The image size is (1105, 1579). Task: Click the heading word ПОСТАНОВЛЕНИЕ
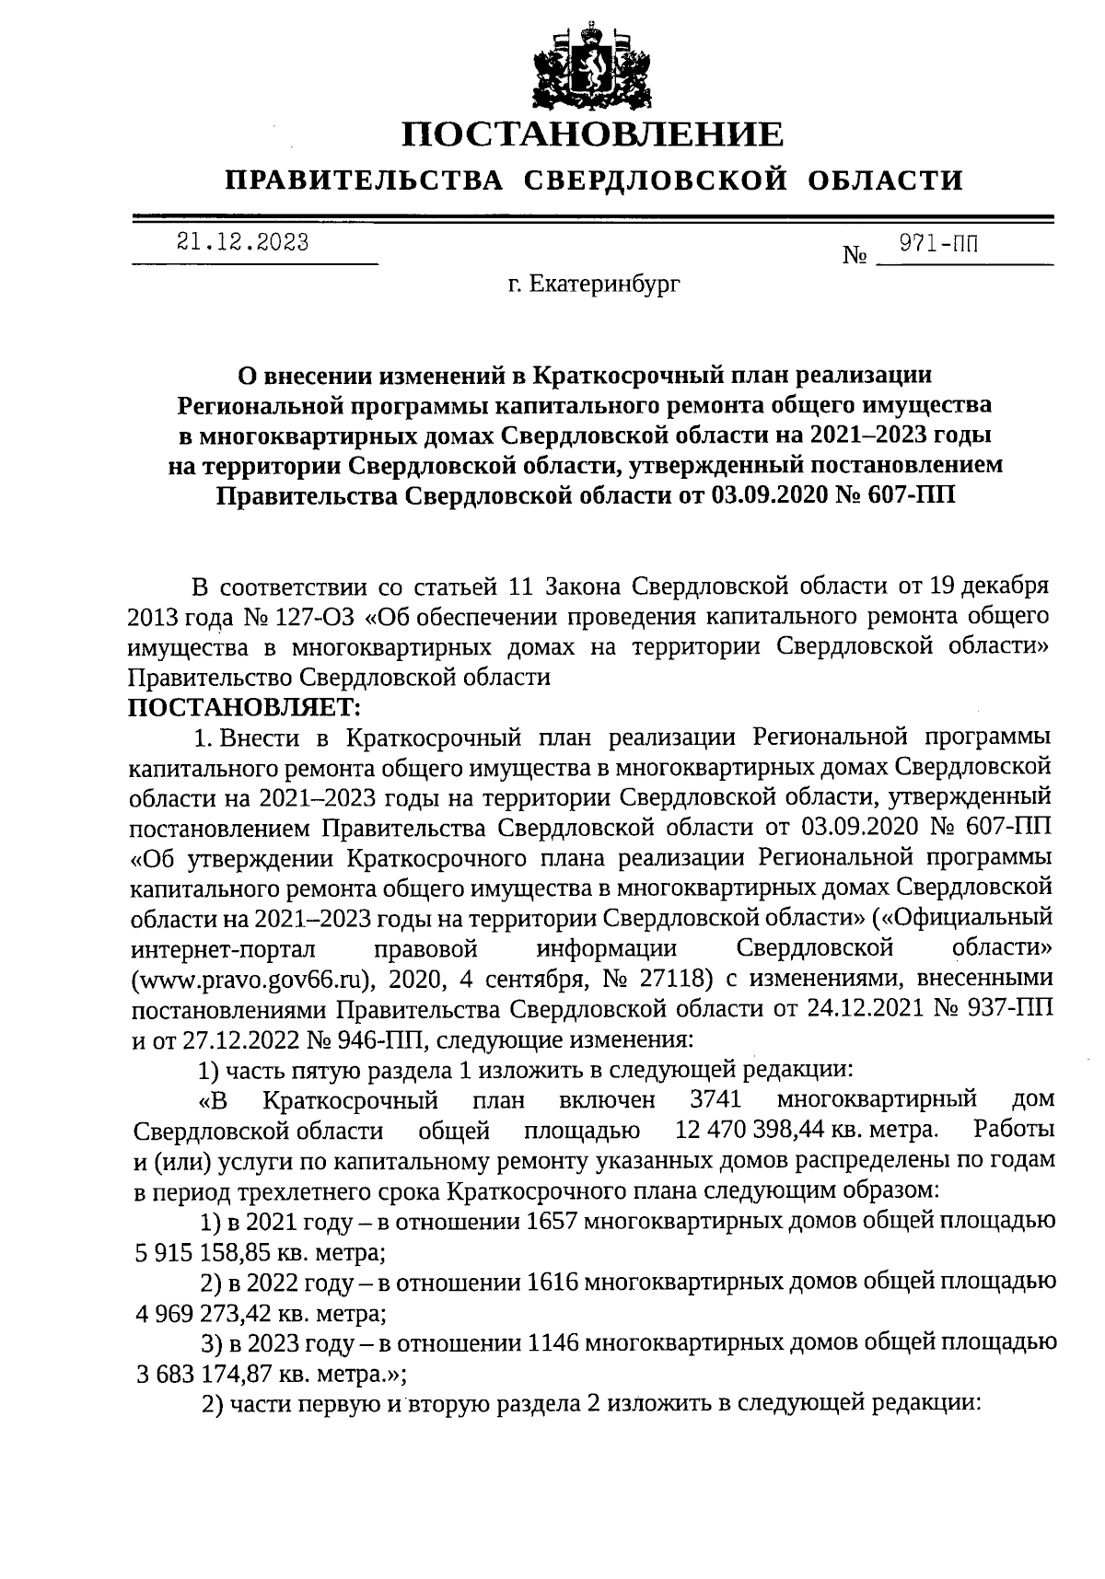(593, 135)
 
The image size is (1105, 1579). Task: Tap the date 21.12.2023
(242, 243)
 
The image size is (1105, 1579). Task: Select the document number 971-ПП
(938, 244)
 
